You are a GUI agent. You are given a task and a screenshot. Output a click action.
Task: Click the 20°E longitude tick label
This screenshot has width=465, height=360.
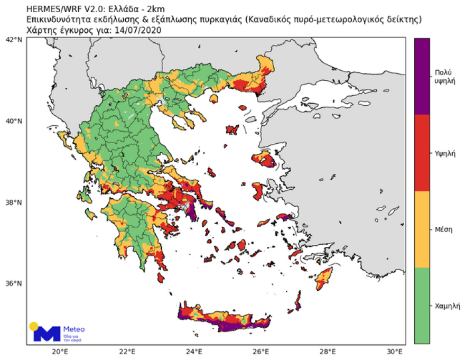(x=60, y=351)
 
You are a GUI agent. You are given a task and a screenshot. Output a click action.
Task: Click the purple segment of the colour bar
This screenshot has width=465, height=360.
(x=422, y=76)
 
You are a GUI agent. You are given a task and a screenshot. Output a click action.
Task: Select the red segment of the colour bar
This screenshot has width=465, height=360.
(x=422, y=152)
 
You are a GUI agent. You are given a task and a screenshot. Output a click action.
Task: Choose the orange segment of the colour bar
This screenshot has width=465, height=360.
(x=422, y=229)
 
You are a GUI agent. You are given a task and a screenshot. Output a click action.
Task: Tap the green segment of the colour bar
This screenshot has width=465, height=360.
(x=422, y=306)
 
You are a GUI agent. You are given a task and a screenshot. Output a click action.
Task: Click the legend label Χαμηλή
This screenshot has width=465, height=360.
(x=443, y=306)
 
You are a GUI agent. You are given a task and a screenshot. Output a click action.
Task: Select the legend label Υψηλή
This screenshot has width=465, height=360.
(x=443, y=152)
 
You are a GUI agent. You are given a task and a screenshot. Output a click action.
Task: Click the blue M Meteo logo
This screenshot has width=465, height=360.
(x=46, y=333)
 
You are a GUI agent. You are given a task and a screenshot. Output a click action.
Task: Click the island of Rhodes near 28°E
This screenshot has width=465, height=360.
(x=324, y=278)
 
